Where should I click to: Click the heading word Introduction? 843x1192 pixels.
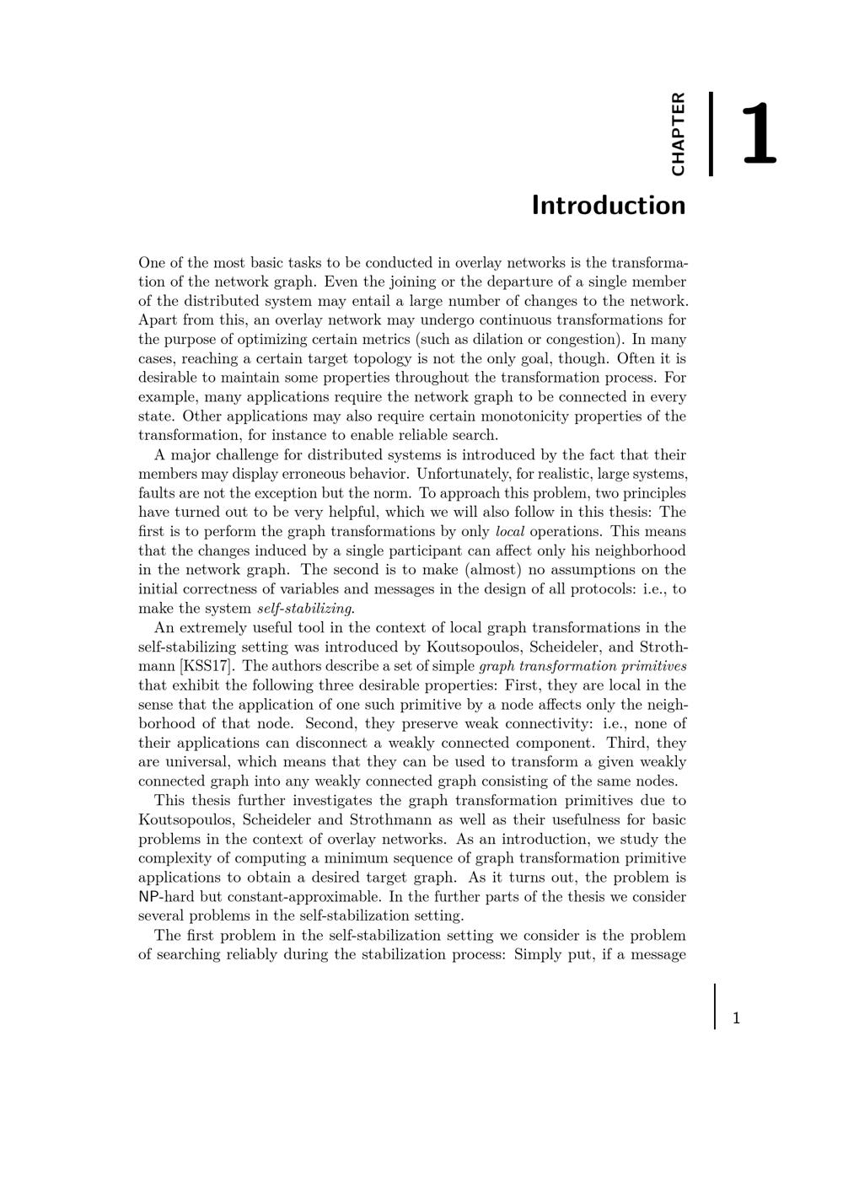point(608,206)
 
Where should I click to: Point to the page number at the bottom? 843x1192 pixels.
point(736,1018)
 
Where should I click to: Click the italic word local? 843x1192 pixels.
point(510,532)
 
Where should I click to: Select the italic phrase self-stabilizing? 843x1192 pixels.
point(305,609)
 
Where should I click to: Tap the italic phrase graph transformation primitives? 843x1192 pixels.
point(583,666)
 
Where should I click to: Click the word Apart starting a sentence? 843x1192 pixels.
point(158,320)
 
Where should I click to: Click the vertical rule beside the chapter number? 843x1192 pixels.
point(711,134)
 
